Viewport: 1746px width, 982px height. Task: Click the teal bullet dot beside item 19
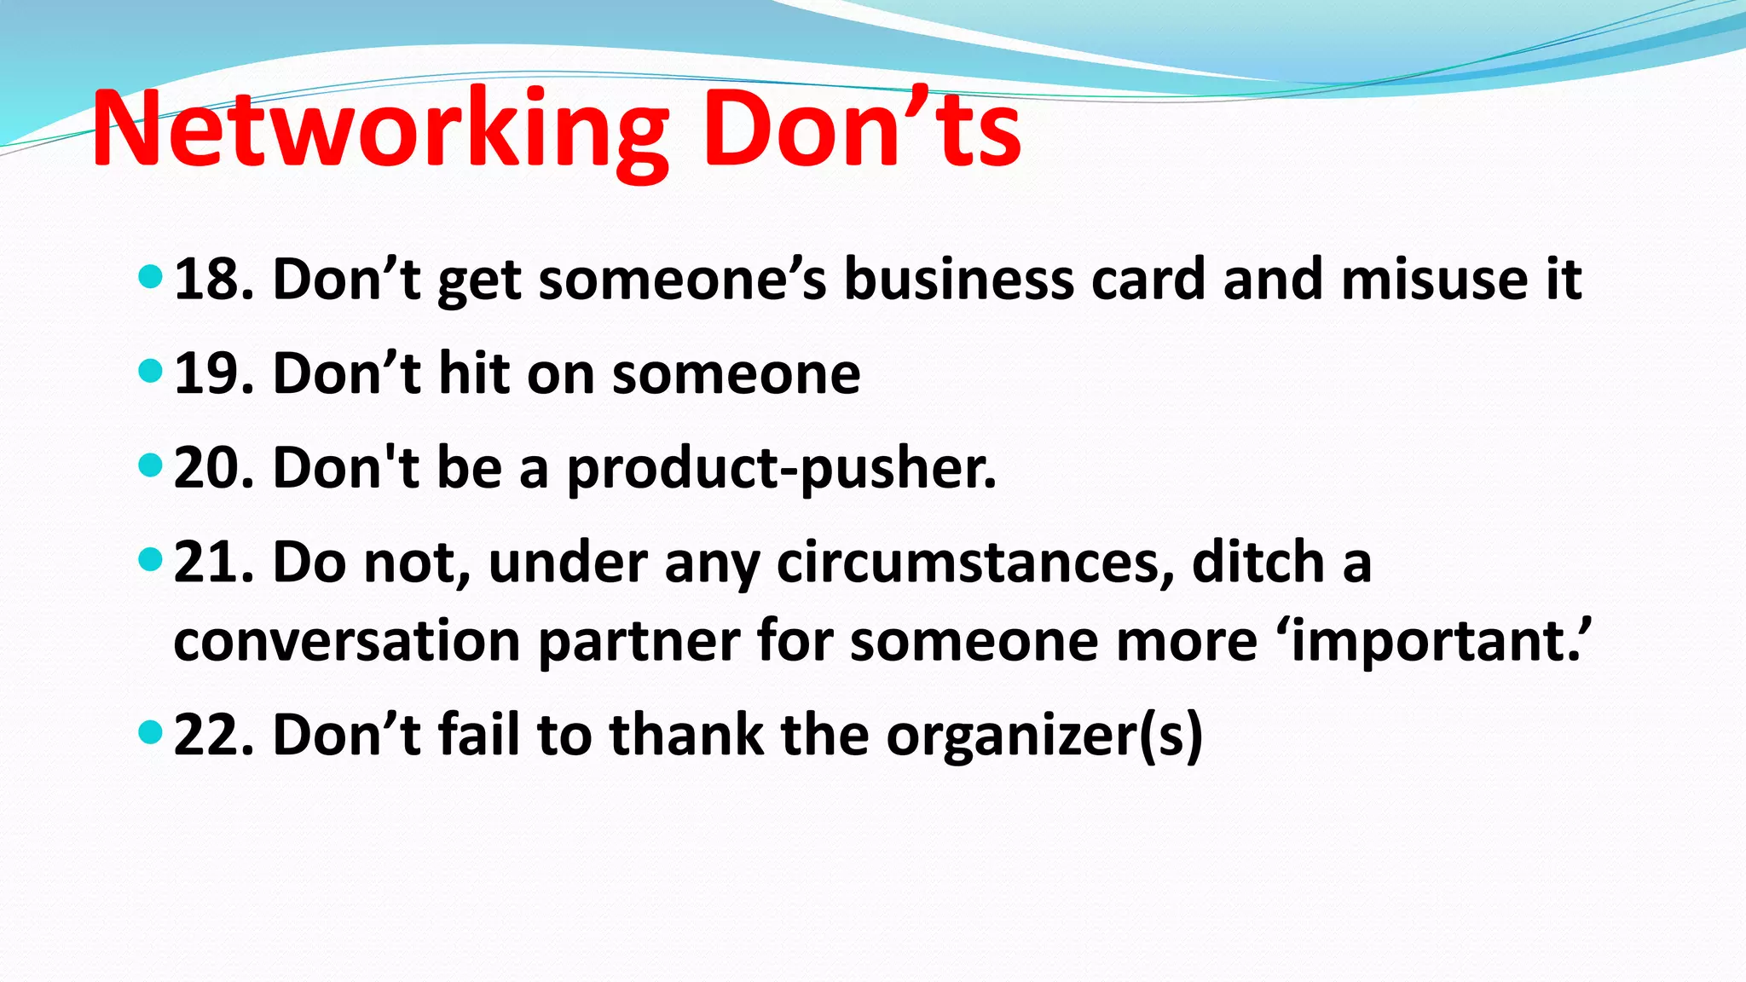pyautogui.click(x=150, y=371)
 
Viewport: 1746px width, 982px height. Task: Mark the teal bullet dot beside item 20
pyautogui.click(x=150, y=465)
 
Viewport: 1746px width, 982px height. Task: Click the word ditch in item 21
pyautogui.click(x=1257, y=563)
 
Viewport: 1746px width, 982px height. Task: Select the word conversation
pyautogui.click(x=346, y=641)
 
